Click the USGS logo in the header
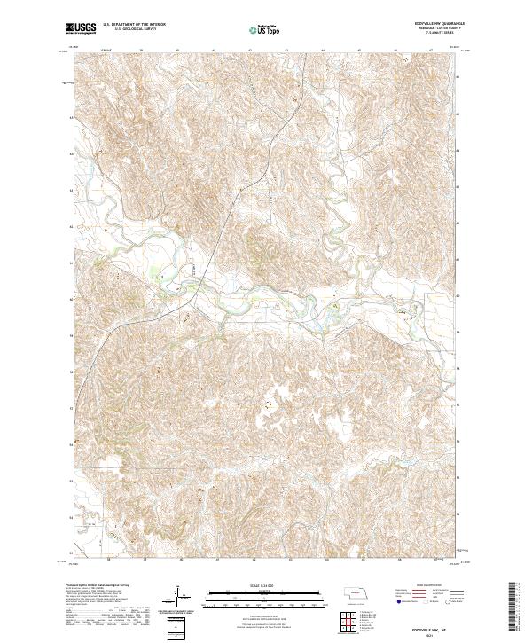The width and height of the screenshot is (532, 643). pos(81,29)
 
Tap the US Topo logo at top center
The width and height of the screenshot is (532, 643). pos(266,29)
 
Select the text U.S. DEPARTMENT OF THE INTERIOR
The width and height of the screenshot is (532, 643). pos(135,26)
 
